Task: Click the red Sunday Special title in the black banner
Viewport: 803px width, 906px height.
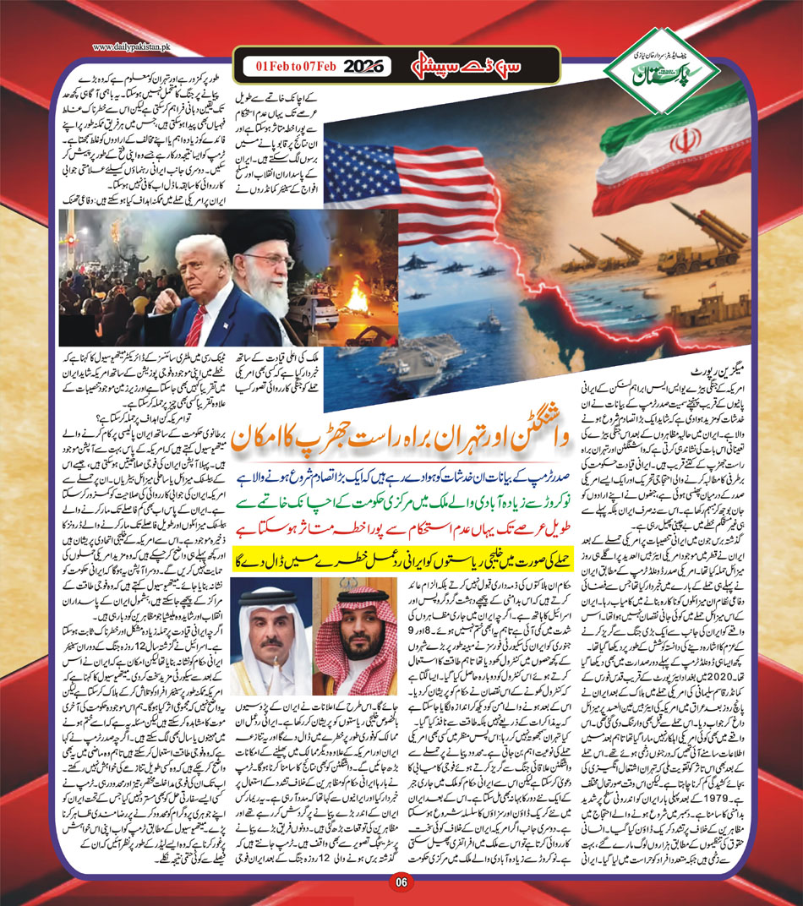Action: pyautogui.click(x=432, y=64)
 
